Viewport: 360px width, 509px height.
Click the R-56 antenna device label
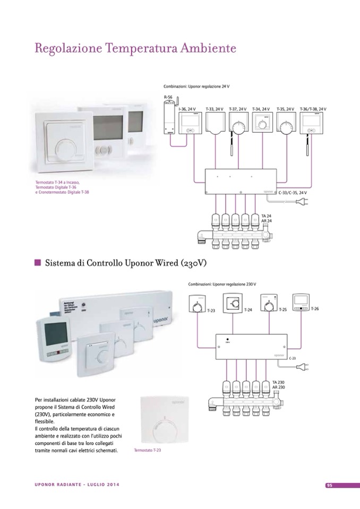pyautogui.click(x=168, y=98)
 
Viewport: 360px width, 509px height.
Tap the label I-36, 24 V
pyautogui.click(x=188, y=109)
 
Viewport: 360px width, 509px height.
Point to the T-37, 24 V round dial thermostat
pyautogui.click(x=238, y=126)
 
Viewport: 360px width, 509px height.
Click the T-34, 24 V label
pyautogui.click(x=261, y=109)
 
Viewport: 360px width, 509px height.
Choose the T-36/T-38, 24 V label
pyautogui.click(x=313, y=109)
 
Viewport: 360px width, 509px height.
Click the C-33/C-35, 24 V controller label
pyautogui.click(x=293, y=193)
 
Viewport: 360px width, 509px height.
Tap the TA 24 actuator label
pyautogui.click(x=267, y=216)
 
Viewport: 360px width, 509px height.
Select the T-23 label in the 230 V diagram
pyautogui.click(x=211, y=310)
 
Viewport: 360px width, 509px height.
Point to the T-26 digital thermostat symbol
pyautogui.click(x=301, y=303)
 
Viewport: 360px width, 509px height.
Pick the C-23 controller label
pyautogui.click(x=293, y=359)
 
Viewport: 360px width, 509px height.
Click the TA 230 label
pyautogui.click(x=278, y=382)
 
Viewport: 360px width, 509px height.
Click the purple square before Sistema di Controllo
pyautogui.click(x=38, y=262)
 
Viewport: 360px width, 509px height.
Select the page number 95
pyautogui.click(x=329, y=485)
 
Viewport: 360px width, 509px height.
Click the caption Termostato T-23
pyautogui.click(x=148, y=450)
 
